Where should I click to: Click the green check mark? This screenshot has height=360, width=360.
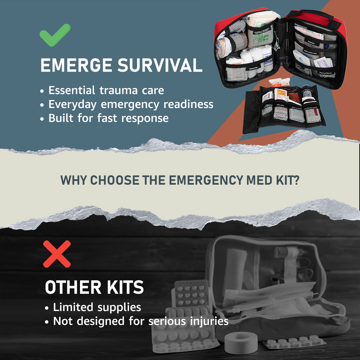[x=55, y=35]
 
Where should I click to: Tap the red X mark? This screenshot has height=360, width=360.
[x=57, y=254]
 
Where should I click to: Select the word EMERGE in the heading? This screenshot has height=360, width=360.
[x=76, y=66]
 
